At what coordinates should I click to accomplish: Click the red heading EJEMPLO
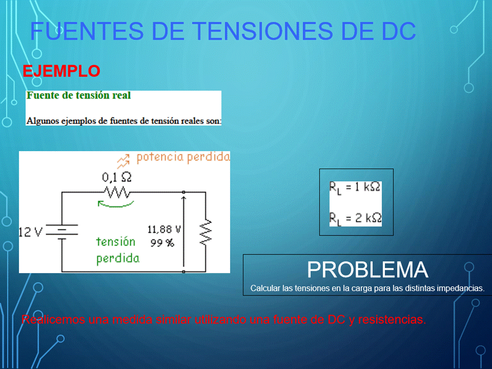pyautogui.click(x=61, y=71)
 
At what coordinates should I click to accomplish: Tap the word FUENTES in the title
pyautogui.click(x=87, y=31)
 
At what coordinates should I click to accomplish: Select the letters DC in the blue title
pyautogui.click(x=399, y=31)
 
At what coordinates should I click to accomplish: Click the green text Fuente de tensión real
pyautogui.click(x=78, y=95)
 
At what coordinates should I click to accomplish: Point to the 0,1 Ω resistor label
pyautogui.click(x=117, y=178)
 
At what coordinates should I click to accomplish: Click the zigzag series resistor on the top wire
pyautogui.click(x=117, y=192)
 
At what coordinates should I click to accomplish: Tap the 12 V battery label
pyautogui.click(x=30, y=232)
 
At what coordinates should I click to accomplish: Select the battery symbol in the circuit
pyautogui.click(x=62, y=232)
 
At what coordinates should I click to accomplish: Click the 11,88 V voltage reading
pyautogui.click(x=164, y=230)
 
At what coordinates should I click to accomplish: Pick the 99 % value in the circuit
pyautogui.click(x=162, y=243)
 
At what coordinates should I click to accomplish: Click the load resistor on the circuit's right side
pyautogui.click(x=206, y=232)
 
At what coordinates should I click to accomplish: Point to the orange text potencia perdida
pyautogui.click(x=183, y=157)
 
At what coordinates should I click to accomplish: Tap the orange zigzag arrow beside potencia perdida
pyautogui.click(x=124, y=161)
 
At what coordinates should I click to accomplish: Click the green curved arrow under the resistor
pyautogui.click(x=115, y=205)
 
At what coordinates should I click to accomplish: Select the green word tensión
pyautogui.click(x=116, y=241)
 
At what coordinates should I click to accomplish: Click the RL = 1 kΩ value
pyautogui.click(x=355, y=188)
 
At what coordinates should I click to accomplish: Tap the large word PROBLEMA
pyautogui.click(x=367, y=270)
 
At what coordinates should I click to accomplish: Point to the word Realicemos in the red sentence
pyautogui.click(x=53, y=319)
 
